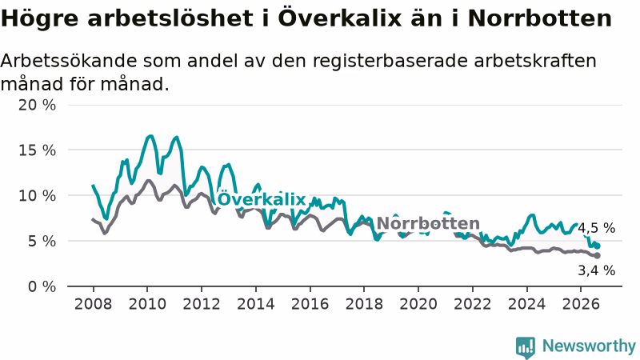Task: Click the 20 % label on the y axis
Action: click(x=37, y=105)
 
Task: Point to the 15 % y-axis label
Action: click(x=37, y=150)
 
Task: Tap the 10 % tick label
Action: click(x=37, y=195)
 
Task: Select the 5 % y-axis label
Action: click(x=42, y=242)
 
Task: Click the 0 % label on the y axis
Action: click(x=42, y=286)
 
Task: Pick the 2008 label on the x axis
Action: click(x=93, y=304)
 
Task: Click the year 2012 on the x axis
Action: click(x=202, y=304)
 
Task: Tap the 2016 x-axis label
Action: click(x=310, y=304)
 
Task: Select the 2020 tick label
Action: click(x=418, y=304)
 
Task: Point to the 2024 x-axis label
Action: click(x=526, y=304)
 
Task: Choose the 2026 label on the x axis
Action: click(x=581, y=304)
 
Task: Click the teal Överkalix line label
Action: click(x=262, y=198)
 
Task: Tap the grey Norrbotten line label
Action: click(x=428, y=223)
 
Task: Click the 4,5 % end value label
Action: click(x=596, y=228)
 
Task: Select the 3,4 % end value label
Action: click(x=596, y=270)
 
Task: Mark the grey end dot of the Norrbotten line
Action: click(x=598, y=255)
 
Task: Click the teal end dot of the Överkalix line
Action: click(x=598, y=246)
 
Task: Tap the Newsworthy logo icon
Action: click(x=526, y=347)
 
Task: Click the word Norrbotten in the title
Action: click(x=539, y=18)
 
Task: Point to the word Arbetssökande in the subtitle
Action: click(x=69, y=61)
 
